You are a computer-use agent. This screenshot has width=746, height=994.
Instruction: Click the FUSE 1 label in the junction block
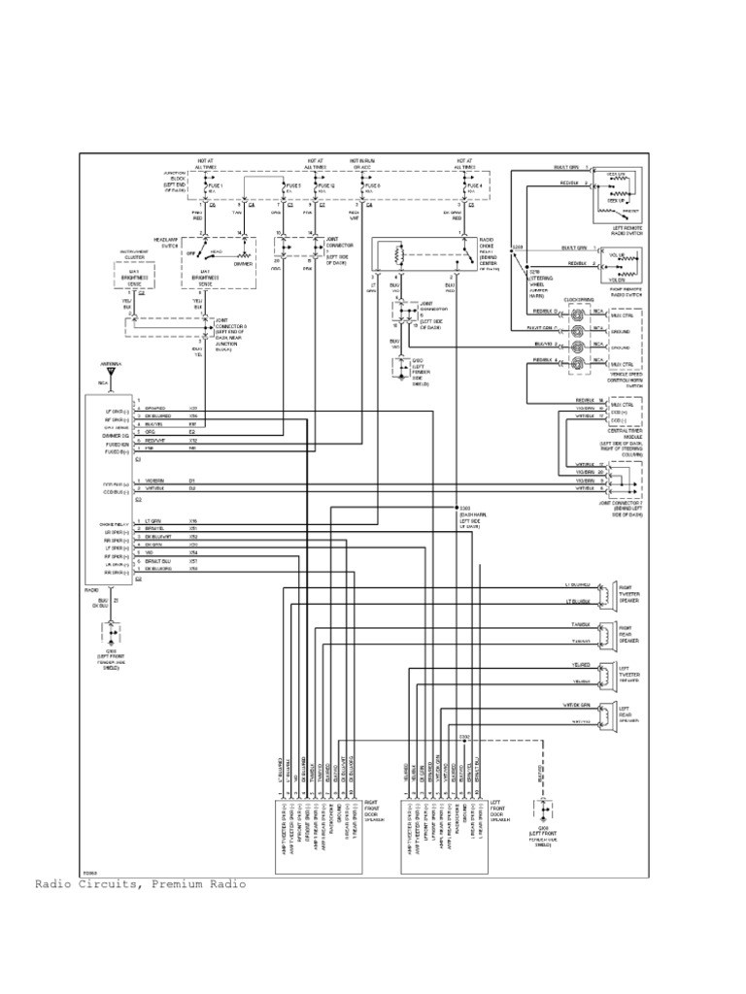tap(216, 185)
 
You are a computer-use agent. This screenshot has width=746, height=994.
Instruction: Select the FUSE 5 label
tap(292, 185)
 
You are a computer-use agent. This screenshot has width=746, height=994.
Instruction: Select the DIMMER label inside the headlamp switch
tap(243, 263)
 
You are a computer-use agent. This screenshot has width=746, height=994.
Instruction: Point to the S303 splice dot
tap(456, 508)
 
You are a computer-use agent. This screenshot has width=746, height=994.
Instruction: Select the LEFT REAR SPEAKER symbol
tap(605, 715)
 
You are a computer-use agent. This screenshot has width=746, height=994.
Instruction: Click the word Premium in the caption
tap(182, 884)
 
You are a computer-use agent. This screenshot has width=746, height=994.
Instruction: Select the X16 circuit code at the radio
tap(193, 521)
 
